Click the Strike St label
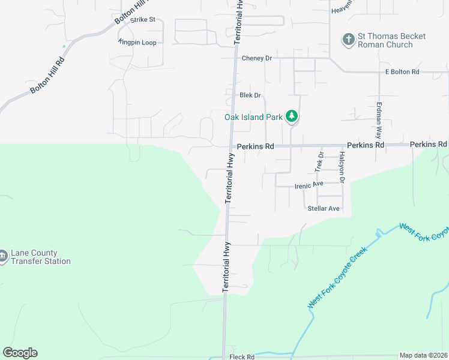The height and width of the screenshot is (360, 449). [x=143, y=20]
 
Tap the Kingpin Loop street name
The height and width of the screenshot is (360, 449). [x=137, y=43]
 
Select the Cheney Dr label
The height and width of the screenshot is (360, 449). [x=257, y=58]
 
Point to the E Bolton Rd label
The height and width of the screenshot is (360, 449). [x=402, y=72]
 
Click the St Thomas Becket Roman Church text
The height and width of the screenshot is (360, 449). [x=391, y=40]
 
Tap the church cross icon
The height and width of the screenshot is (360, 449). [x=348, y=40]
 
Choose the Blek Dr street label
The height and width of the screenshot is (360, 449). [x=250, y=95]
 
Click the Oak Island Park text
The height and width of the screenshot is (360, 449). [x=253, y=117]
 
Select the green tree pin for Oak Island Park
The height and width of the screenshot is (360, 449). [x=291, y=116]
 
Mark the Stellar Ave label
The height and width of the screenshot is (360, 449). [x=324, y=209]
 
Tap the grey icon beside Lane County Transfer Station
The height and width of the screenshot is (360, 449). [x=3, y=257]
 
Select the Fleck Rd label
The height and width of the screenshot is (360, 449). [x=242, y=357]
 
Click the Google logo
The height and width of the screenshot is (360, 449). [x=20, y=353]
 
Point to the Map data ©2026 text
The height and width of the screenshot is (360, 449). [x=424, y=355]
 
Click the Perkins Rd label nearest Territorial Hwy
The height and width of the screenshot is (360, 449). [x=255, y=146]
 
